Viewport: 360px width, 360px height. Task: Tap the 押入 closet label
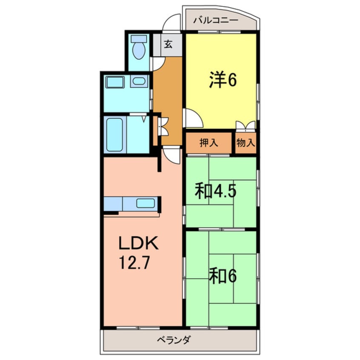tap(209, 143)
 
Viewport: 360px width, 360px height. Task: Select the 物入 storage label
tap(246, 143)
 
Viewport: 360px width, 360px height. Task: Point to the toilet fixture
tap(139, 48)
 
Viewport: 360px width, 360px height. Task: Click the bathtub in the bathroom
tap(115, 134)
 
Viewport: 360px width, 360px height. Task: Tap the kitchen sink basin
tap(145, 203)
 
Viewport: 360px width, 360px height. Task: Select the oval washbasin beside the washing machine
tap(138, 81)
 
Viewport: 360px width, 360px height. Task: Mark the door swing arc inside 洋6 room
tap(191, 117)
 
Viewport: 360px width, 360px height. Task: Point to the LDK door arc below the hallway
tap(172, 154)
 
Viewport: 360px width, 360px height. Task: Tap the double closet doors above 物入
tap(246, 126)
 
